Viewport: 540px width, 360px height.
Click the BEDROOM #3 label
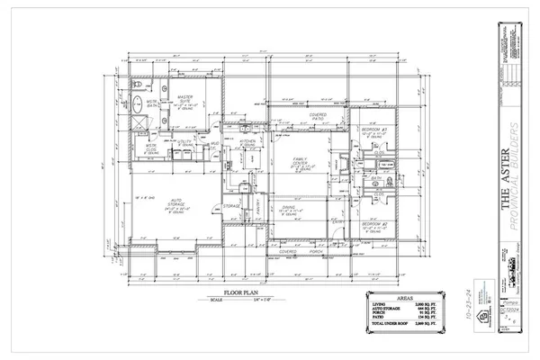click(376, 130)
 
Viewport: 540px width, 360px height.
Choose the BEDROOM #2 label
click(374, 224)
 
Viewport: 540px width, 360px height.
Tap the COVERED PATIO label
click(316, 117)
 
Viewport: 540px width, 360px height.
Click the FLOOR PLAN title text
click(226, 293)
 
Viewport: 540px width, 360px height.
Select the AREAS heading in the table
click(408, 294)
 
